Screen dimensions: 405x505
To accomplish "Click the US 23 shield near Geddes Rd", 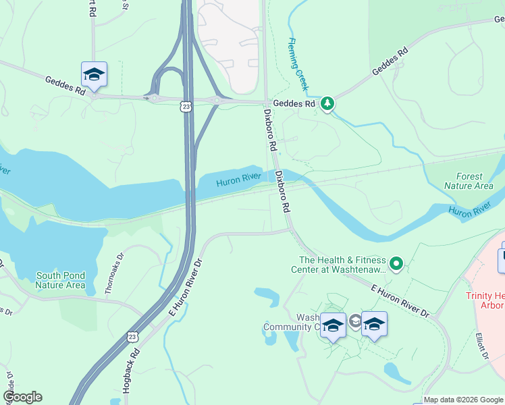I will coord(186,106).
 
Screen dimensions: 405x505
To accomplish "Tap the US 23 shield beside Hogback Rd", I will coord(132,336).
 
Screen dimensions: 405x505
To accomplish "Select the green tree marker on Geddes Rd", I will coord(327,103).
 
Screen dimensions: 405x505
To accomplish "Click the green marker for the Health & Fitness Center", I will coord(397,263).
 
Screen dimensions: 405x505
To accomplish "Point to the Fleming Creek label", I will coord(298,64).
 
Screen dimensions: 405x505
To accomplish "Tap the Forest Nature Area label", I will coord(469,181).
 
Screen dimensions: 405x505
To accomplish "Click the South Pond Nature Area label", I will coord(61,280).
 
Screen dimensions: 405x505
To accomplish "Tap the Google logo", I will coord(22,397).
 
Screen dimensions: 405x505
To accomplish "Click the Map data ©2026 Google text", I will coord(463,400).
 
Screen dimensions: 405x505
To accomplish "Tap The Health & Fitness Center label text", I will coord(342,265).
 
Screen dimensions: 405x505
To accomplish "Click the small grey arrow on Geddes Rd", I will coord(146,98).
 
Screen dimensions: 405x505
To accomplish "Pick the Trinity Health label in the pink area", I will coord(485,300).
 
